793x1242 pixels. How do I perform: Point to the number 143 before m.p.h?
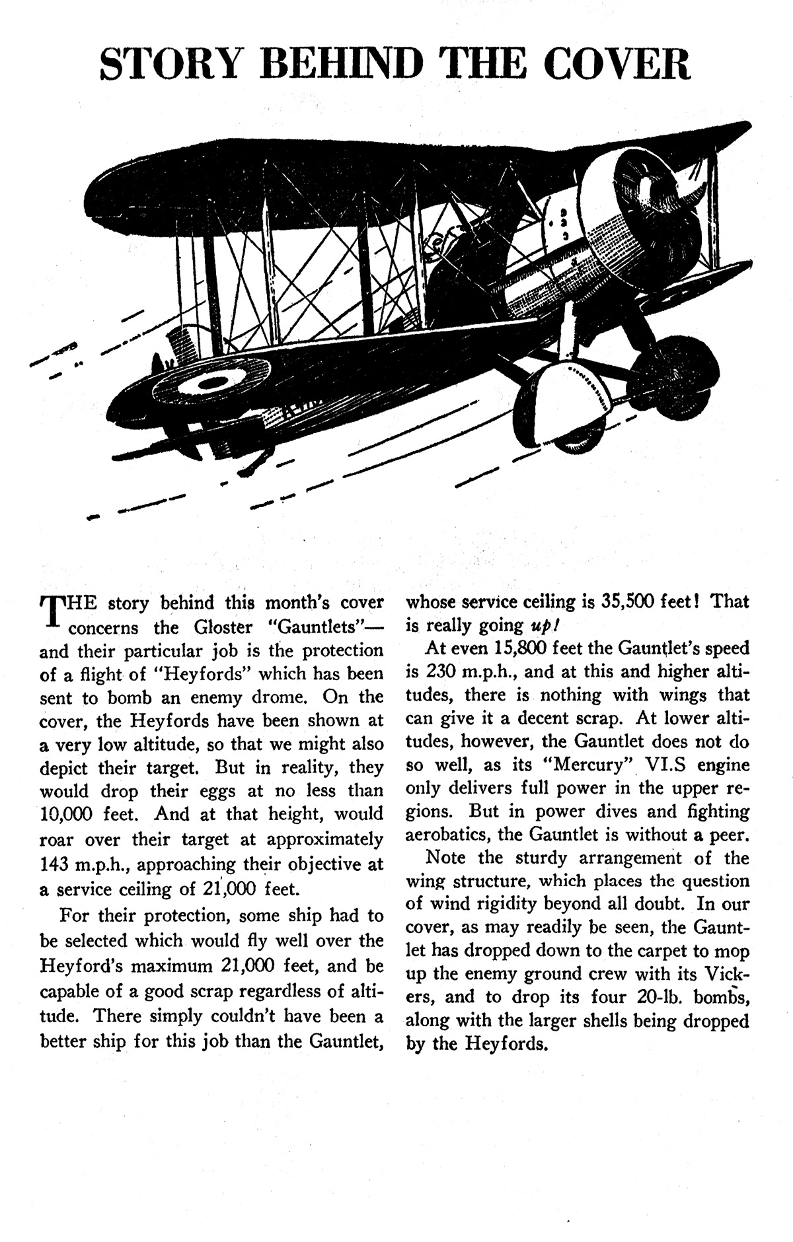pos(54,864)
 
